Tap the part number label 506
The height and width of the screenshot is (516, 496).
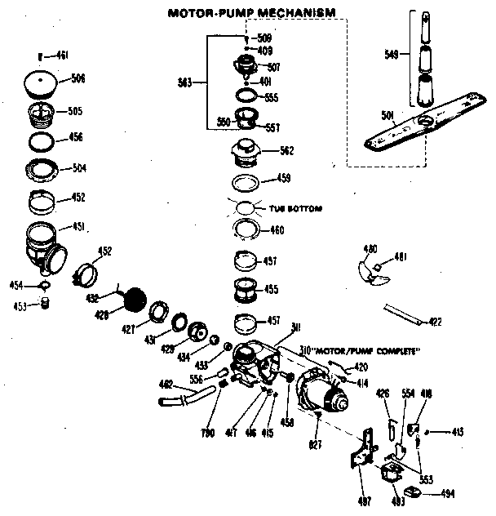[78, 78]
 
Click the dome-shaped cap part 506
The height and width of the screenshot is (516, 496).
[42, 82]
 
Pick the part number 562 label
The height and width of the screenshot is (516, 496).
[286, 151]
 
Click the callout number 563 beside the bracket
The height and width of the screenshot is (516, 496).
[186, 82]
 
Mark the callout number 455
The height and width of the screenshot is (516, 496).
[270, 289]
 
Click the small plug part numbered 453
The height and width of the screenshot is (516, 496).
[46, 304]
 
